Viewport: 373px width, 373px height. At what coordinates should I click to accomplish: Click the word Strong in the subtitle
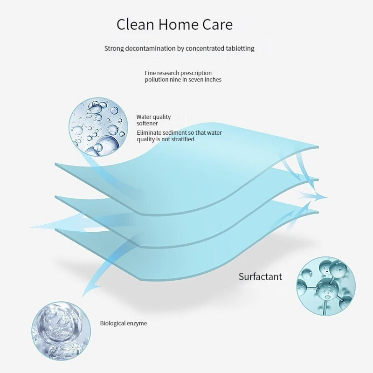(x=113, y=48)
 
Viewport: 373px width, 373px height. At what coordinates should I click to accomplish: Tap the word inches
(x=212, y=80)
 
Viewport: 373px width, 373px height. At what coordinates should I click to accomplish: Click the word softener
(x=147, y=124)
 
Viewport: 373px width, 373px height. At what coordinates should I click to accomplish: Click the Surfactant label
(x=260, y=276)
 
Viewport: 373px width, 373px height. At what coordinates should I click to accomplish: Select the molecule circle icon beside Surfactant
(x=325, y=285)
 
